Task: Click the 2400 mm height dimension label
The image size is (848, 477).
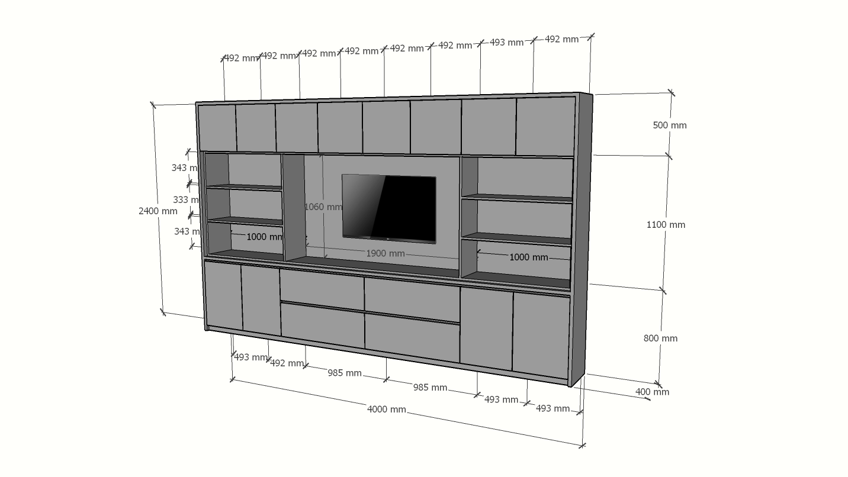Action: [158, 211]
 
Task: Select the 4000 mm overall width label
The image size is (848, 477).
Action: [386, 409]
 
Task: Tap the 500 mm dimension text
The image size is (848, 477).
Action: [669, 125]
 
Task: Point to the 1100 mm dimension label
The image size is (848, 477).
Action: [665, 224]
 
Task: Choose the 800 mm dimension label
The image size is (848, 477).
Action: [660, 338]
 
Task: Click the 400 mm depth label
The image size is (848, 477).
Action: [652, 392]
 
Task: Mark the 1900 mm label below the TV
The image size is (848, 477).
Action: [386, 253]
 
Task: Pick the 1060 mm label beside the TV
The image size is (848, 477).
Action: [323, 207]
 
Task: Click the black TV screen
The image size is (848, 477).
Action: [389, 208]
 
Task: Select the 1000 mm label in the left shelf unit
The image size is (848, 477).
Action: [265, 237]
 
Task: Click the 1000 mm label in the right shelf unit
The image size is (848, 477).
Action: [528, 257]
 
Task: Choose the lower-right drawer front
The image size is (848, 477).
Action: [412, 337]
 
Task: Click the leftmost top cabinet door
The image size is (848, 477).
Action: [217, 127]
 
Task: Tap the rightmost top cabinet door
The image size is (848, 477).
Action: [545, 126]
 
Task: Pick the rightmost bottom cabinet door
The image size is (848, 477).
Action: [541, 334]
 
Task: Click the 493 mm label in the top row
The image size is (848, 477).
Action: [506, 43]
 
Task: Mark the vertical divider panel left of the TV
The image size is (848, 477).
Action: [293, 207]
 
